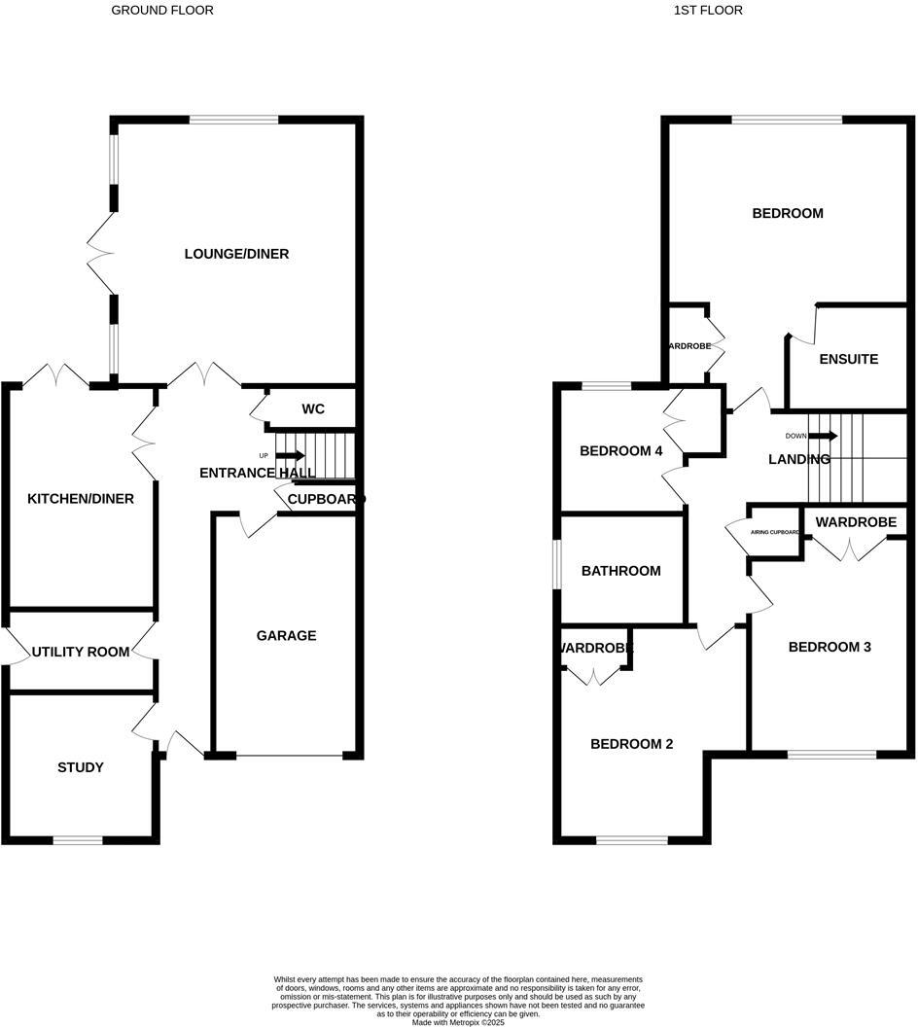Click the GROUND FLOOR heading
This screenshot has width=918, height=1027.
[162, 11]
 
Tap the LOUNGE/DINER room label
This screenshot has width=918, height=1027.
[236, 254]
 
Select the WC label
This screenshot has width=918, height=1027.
[312, 409]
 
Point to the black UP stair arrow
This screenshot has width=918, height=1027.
[290, 455]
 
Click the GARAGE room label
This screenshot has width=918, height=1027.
[286, 636]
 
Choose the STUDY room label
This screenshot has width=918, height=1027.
[81, 767]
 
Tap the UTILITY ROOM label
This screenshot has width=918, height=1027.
[80, 652]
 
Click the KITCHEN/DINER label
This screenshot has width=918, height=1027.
[80, 499]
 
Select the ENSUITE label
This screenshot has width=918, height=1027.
[848, 359]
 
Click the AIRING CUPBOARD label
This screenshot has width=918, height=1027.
[775, 533]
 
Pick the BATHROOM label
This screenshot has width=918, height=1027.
[620, 571]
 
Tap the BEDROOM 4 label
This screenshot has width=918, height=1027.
[621, 451]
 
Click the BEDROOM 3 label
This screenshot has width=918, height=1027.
[830, 647]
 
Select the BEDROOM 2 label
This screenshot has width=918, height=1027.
[632, 744]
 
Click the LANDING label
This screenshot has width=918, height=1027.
[799, 459]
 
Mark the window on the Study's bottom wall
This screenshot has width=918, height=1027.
[78, 839]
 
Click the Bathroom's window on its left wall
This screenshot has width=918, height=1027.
[557, 564]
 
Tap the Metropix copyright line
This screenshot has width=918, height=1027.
[459, 1022]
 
